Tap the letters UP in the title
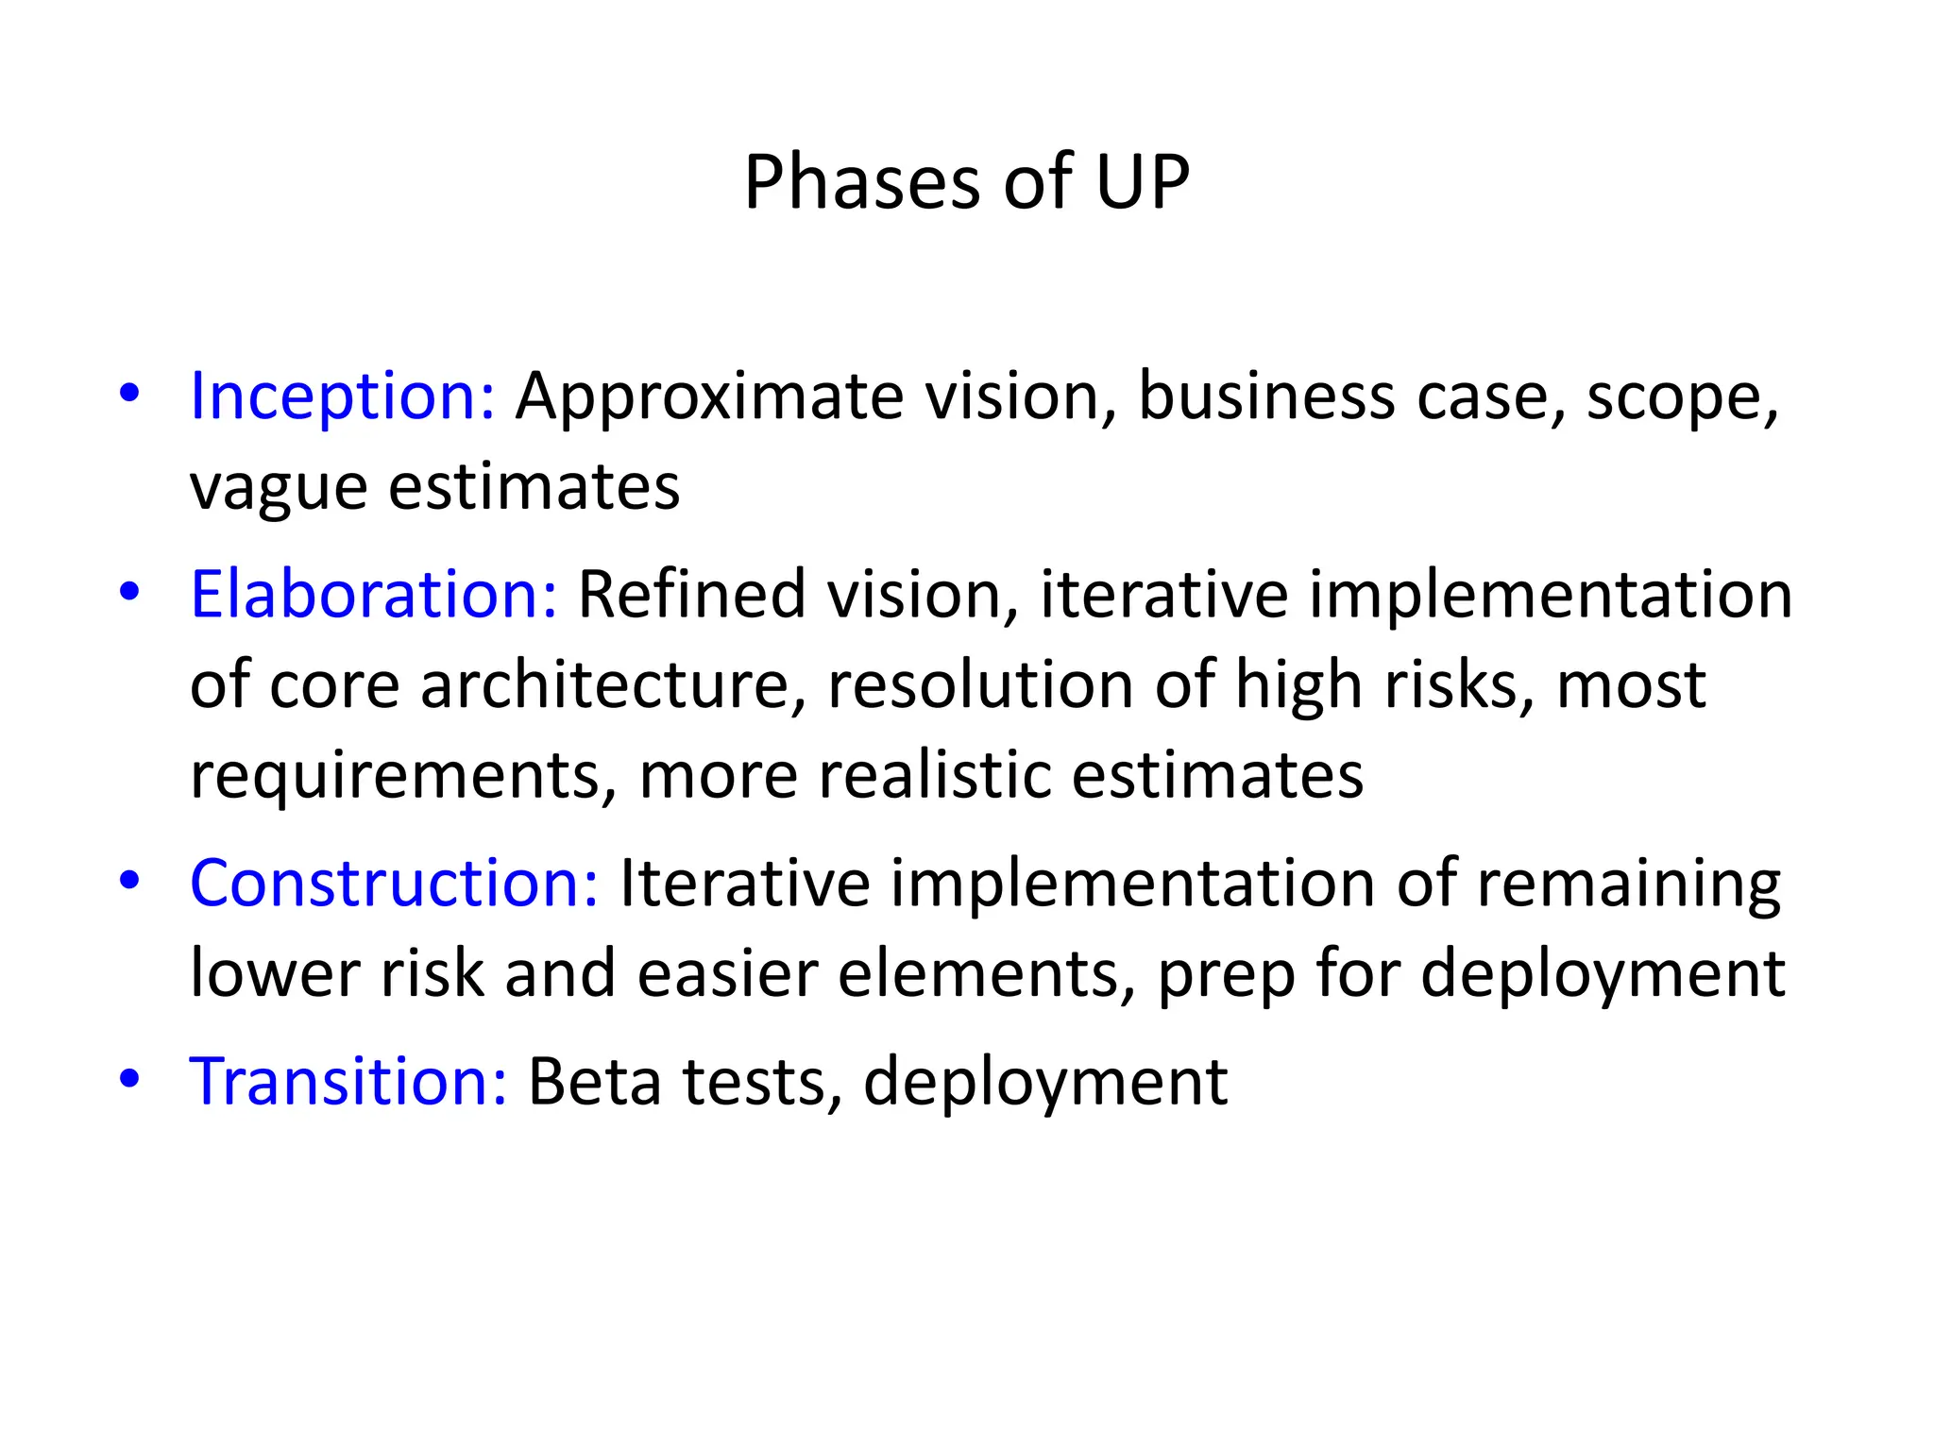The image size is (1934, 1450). pos(1142,182)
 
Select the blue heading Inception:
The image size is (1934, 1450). pos(342,396)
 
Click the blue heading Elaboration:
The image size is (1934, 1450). pos(374,595)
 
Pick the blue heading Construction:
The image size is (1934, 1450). pos(394,884)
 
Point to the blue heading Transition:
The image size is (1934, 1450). pos(348,1082)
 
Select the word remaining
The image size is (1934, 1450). pos(1628,885)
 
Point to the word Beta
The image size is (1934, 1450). pos(594,1082)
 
